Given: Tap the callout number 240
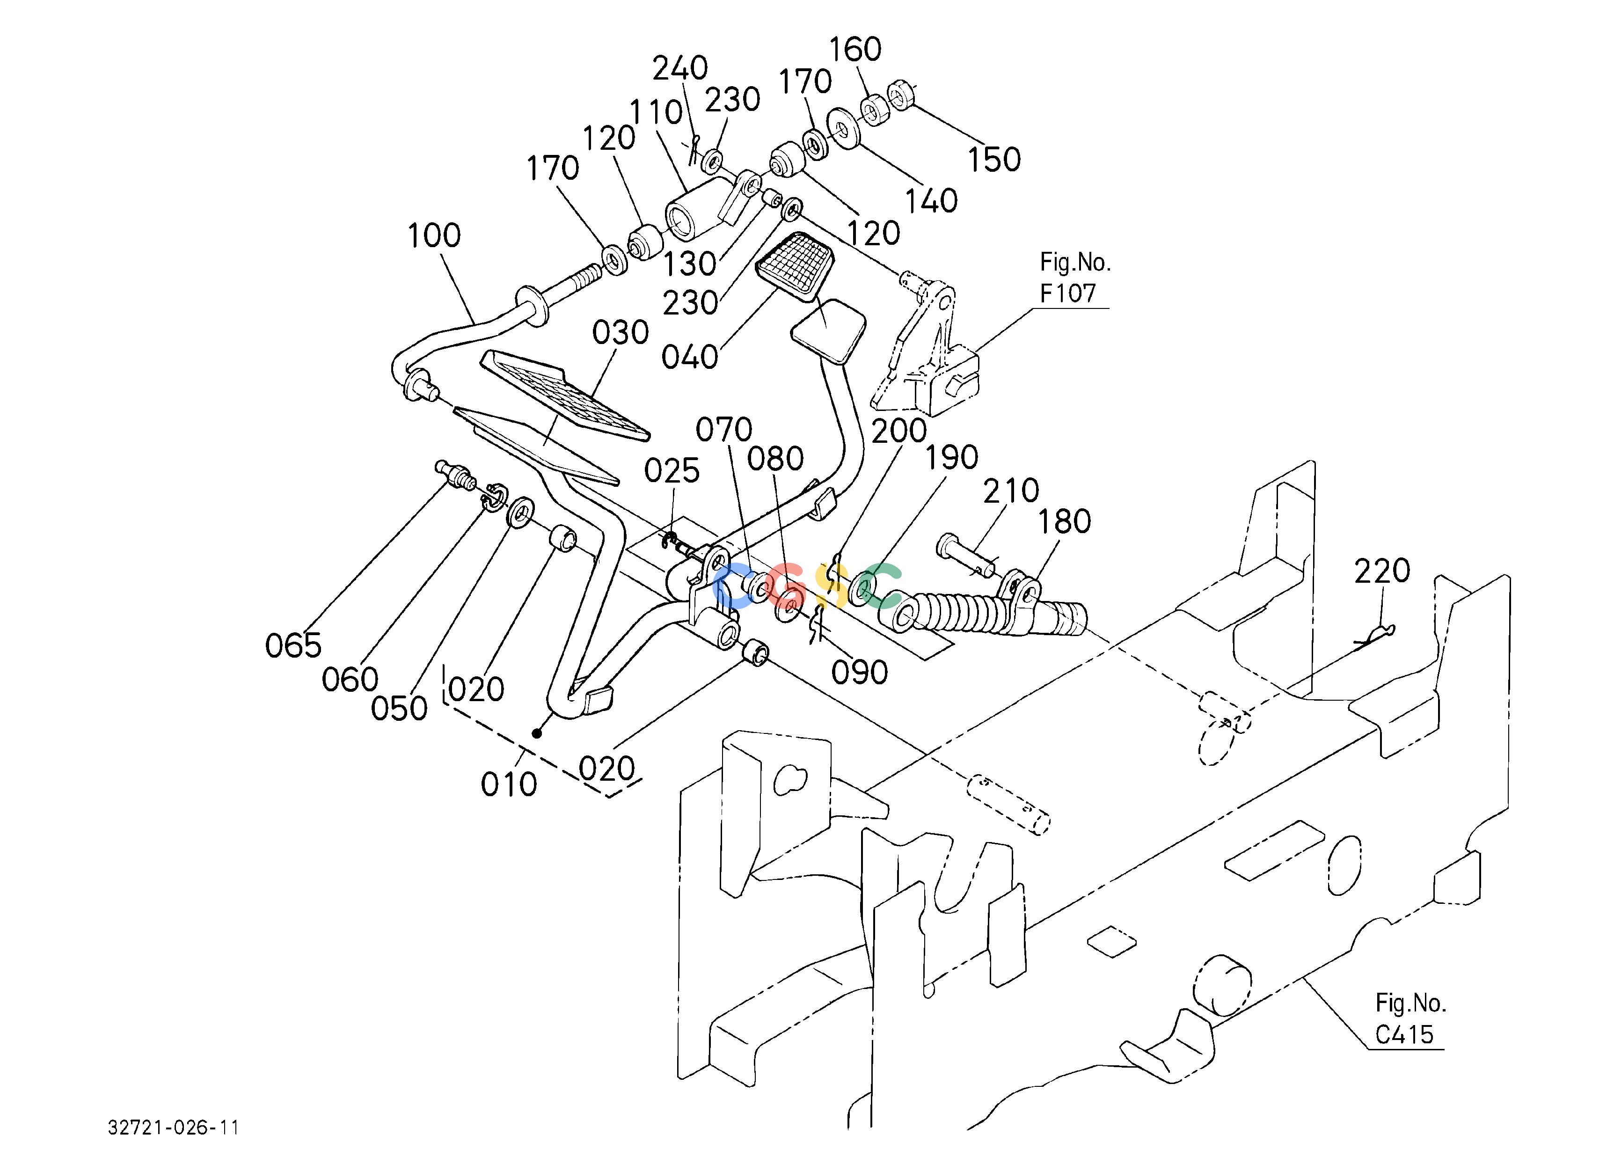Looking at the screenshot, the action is (680, 68).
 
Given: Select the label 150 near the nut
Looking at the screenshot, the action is (994, 160).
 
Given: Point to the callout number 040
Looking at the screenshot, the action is (690, 357).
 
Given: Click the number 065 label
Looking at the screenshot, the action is (293, 646).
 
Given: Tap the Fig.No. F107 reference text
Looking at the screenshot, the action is (1074, 278).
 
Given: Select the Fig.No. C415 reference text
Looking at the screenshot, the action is (1410, 1019).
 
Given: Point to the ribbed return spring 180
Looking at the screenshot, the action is (982, 610).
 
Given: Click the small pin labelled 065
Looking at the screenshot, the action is (455, 474).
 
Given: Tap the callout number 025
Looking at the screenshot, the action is (672, 471).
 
